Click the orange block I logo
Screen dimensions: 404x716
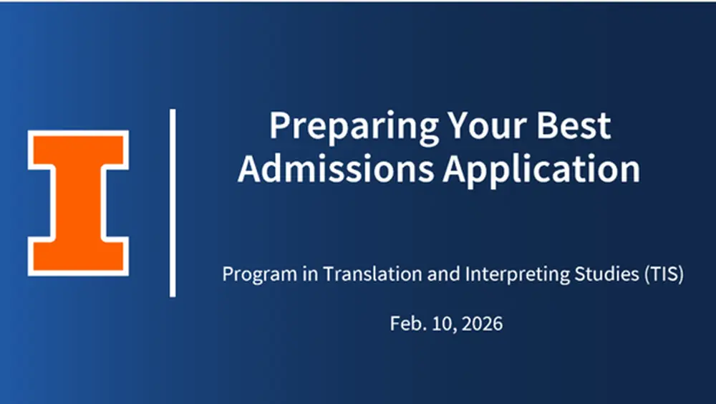(x=78, y=203)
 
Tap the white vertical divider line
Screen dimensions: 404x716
(x=173, y=203)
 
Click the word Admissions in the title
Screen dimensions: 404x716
(x=337, y=169)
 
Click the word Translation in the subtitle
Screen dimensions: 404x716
(x=352, y=274)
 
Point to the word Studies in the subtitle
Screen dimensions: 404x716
(x=569, y=274)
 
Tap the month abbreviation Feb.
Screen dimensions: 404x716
(x=406, y=323)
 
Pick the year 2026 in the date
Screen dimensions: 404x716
(x=482, y=323)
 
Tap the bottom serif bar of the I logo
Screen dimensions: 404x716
(x=78, y=258)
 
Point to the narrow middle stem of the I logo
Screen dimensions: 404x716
(x=78, y=203)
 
